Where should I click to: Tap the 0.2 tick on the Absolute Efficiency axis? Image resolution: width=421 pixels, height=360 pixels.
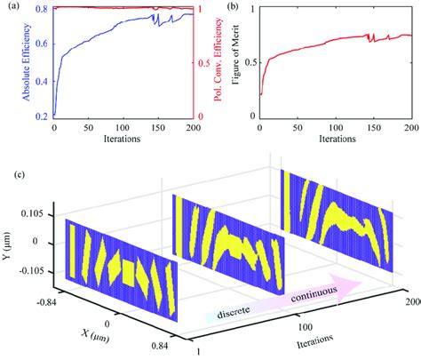42,116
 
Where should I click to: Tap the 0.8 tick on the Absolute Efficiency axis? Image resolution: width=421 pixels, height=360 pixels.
42,9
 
